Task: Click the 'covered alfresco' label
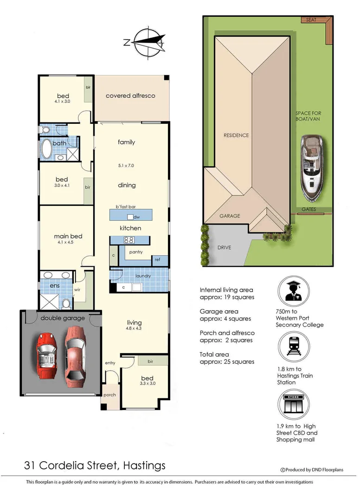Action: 130,96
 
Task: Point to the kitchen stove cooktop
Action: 129,240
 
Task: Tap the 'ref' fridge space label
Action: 157,259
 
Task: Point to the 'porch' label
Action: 109,395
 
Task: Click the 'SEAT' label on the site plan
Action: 311,20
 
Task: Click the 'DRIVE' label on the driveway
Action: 224,247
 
